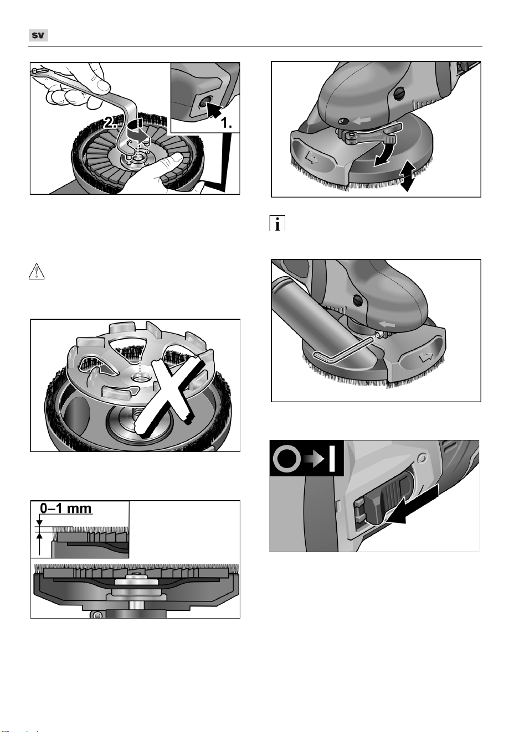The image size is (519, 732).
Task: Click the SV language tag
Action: coord(38,35)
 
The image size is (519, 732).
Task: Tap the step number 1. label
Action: coord(226,123)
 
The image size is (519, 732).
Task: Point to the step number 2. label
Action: coord(111,123)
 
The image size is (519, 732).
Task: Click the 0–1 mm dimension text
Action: coord(65,508)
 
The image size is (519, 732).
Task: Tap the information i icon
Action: coord(277,224)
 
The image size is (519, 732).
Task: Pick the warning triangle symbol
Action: coord(37,272)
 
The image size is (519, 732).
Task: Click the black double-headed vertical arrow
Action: coord(408,175)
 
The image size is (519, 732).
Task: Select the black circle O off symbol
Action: coord(287,459)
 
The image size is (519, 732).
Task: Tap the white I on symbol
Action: coord(332,459)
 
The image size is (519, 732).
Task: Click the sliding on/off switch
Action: coord(386,500)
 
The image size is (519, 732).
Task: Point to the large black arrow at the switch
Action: coord(414,505)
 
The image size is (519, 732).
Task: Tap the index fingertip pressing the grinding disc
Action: coord(178,158)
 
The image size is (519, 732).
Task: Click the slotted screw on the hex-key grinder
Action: coord(358,300)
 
